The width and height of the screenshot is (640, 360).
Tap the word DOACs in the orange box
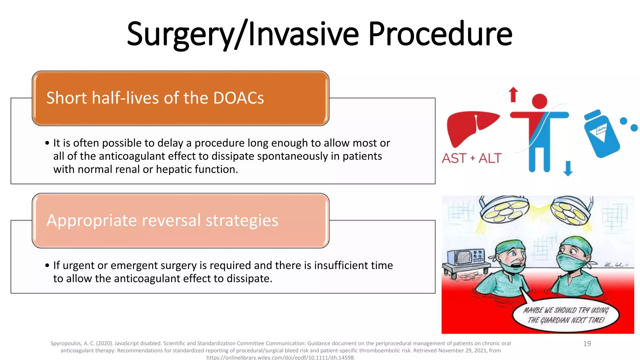(x=239, y=98)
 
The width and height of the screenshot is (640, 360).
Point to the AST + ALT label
(x=472, y=158)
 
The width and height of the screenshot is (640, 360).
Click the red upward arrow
(x=513, y=94)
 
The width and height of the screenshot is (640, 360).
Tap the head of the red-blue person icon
(x=539, y=101)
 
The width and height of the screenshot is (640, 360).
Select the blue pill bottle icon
(x=601, y=134)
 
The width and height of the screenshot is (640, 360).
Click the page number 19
(x=587, y=344)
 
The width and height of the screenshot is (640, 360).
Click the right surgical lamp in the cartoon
(x=570, y=211)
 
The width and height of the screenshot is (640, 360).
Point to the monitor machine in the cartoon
(x=466, y=258)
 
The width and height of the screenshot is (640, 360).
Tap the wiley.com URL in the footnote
(x=280, y=357)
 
